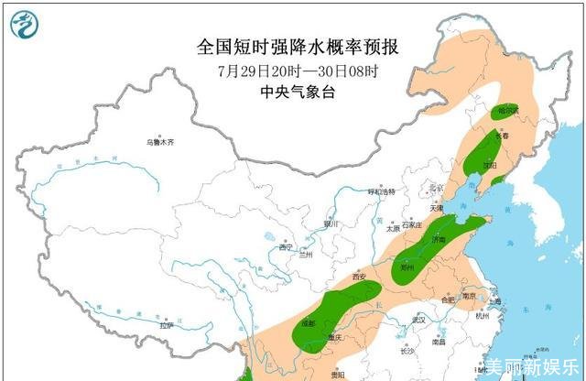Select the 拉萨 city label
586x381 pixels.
166,325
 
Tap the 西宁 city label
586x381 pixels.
286,247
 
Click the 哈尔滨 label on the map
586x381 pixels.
508,111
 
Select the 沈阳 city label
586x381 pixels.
490,167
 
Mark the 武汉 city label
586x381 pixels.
420,319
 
